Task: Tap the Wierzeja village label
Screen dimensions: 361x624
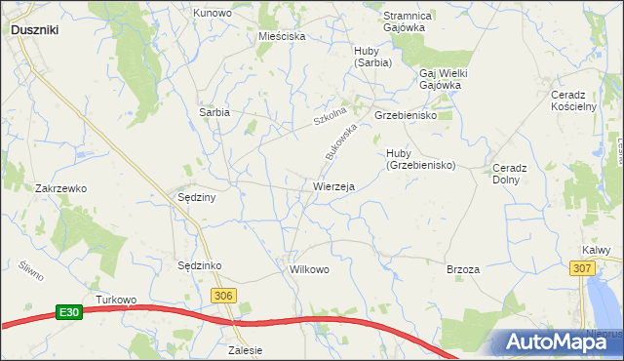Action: (x=333, y=185)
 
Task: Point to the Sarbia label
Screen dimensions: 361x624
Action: (x=214, y=112)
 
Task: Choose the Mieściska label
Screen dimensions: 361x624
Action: (x=282, y=36)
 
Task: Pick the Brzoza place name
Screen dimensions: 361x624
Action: (x=462, y=269)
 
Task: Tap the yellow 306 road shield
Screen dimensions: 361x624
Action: (x=223, y=297)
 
